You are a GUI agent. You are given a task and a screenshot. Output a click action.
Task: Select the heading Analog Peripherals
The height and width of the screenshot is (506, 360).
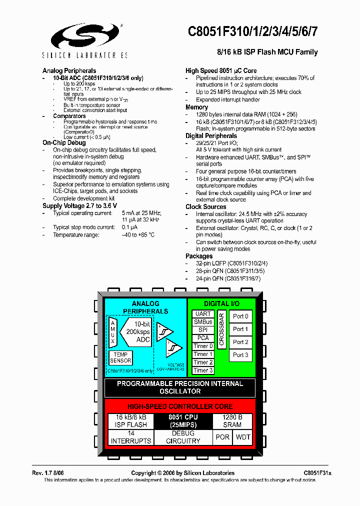[x=69, y=70]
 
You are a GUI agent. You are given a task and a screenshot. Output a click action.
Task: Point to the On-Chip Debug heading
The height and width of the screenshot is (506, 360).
[x=64, y=143]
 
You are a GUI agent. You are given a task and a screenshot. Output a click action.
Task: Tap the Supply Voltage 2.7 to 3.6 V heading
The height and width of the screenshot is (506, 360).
[x=79, y=205]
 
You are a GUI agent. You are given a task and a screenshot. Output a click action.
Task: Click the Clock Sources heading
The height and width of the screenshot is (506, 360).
[x=205, y=206]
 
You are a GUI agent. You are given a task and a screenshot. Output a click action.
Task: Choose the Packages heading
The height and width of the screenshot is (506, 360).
[x=199, y=256]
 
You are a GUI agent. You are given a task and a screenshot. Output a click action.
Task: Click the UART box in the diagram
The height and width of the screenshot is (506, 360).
[x=203, y=314]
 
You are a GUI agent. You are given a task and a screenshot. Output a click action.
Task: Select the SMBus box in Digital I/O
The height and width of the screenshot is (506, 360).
[x=203, y=322]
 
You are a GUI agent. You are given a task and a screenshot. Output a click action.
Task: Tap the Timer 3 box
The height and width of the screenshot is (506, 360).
[x=203, y=370]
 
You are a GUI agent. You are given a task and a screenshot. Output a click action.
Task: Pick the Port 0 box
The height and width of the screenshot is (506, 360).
[x=240, y=316]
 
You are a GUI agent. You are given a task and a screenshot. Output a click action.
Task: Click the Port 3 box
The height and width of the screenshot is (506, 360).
[x=240, y=355]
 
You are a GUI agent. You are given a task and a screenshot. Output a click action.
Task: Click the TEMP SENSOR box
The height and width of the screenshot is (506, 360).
[x=120, y=357]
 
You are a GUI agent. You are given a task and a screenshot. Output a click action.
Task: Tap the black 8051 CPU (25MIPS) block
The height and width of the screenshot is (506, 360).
[x=182, y=421]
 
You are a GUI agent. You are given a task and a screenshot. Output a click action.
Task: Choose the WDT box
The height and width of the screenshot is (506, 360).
[x=243, y=437]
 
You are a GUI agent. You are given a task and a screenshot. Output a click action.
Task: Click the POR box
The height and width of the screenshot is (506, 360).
[x=222, y=437]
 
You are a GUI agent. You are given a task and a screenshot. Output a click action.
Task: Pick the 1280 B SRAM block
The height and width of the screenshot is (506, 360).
[x=232, y=421]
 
